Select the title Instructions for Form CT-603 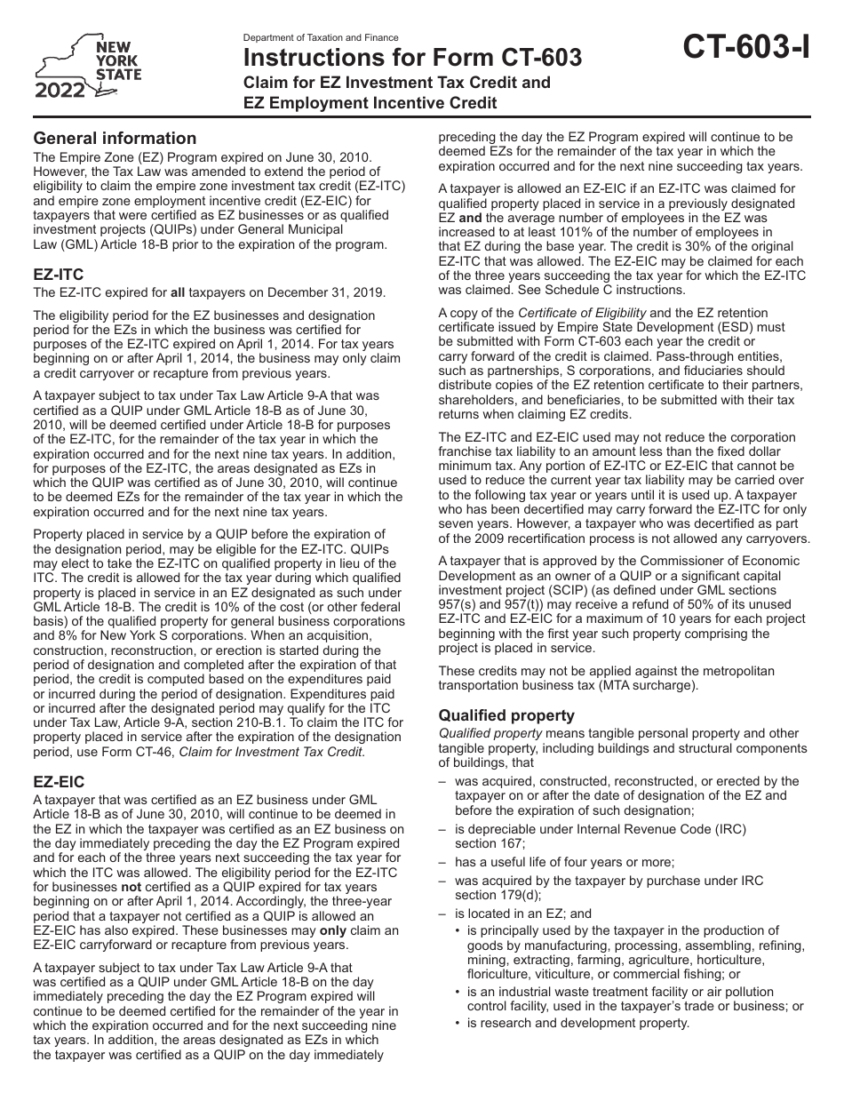point(413,59)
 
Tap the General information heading point(115,138)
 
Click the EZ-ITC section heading point(58,275)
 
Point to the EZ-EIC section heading point(59,782)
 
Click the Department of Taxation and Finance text point(321,38)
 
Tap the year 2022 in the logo point(60,90)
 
